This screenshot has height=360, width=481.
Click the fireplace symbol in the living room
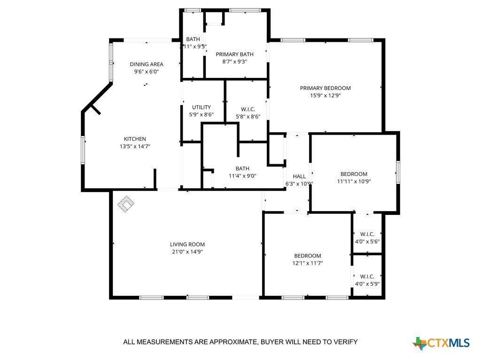click(126, 204)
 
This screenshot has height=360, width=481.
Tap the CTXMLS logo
click(441, 343)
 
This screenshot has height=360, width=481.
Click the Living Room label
click(187, 245)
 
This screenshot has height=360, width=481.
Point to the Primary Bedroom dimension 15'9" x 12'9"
click(326, 95)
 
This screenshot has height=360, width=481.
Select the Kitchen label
click(135, 139)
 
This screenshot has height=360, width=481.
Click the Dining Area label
click(147, 64)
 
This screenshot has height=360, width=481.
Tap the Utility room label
click(202, 107)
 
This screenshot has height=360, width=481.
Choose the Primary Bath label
click(235, 54)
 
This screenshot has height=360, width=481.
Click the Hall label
click(299, 176)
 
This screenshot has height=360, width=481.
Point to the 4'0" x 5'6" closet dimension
click(367, 242)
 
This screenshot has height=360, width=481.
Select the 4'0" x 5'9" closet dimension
click(367, 284)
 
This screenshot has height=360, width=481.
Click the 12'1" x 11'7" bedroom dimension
click(308, 263)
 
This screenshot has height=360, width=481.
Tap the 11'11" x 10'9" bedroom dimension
click(354, 181)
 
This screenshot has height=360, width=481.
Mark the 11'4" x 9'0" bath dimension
click(242, 176)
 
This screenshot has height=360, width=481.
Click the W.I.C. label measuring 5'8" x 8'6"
click(248, 109)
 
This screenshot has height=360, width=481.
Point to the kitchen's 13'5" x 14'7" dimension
click(135, 146)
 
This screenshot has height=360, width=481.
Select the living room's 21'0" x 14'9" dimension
click(187, 252)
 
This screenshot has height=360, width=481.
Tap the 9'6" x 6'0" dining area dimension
click(147, 72)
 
